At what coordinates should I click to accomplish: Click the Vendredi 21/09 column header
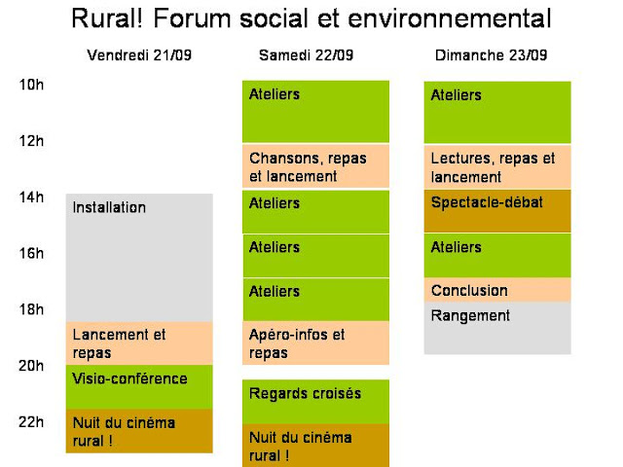pos(139,54)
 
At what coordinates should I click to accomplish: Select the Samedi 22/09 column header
pos(306,54)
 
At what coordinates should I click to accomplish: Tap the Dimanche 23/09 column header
pos(491,54)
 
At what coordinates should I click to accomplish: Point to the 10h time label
pos(31,85)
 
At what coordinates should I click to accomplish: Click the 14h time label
pos(31,197)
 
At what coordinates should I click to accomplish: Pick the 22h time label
pos(31,421)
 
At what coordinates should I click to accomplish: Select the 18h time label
pos(31,309)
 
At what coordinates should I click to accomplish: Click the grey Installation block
pos(139,258)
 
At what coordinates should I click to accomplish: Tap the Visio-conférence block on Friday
pos(139,387)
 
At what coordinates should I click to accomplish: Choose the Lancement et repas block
pos(139,343)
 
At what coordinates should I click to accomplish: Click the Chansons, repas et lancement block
pos(315,166)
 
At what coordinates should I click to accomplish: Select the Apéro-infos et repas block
pos(315,342)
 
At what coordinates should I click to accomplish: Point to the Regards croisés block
pos(315,402)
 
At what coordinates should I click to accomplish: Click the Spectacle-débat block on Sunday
pos(497,211)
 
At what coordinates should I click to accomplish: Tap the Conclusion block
pos(497,290)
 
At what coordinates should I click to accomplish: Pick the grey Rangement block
pos(497,328)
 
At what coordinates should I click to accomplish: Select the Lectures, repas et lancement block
pos(497,167)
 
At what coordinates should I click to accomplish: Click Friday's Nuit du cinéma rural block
pos(139,431)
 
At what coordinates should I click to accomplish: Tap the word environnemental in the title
pos(450,18)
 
